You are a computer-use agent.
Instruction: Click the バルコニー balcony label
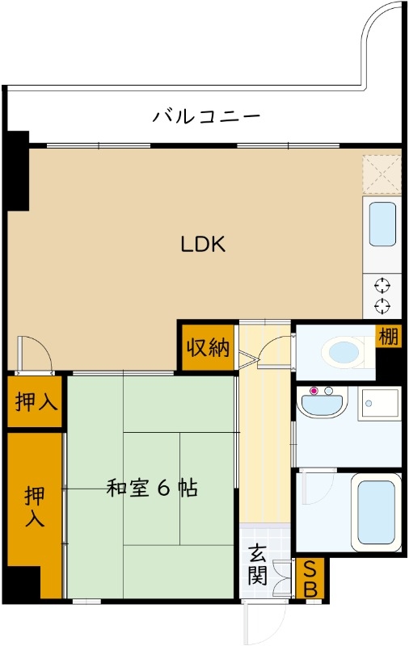(x=207, y=116)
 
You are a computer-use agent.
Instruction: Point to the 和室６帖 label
(x=153, y=488)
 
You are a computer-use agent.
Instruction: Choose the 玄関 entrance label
(x=258, y=564)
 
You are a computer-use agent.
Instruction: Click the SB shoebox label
(x=309, y=579)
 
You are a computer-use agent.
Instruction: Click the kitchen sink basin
(x=382, y=224)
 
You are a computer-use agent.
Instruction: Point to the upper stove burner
(x=382, y=285)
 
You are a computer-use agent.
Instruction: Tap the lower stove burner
(x=382, y=305)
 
